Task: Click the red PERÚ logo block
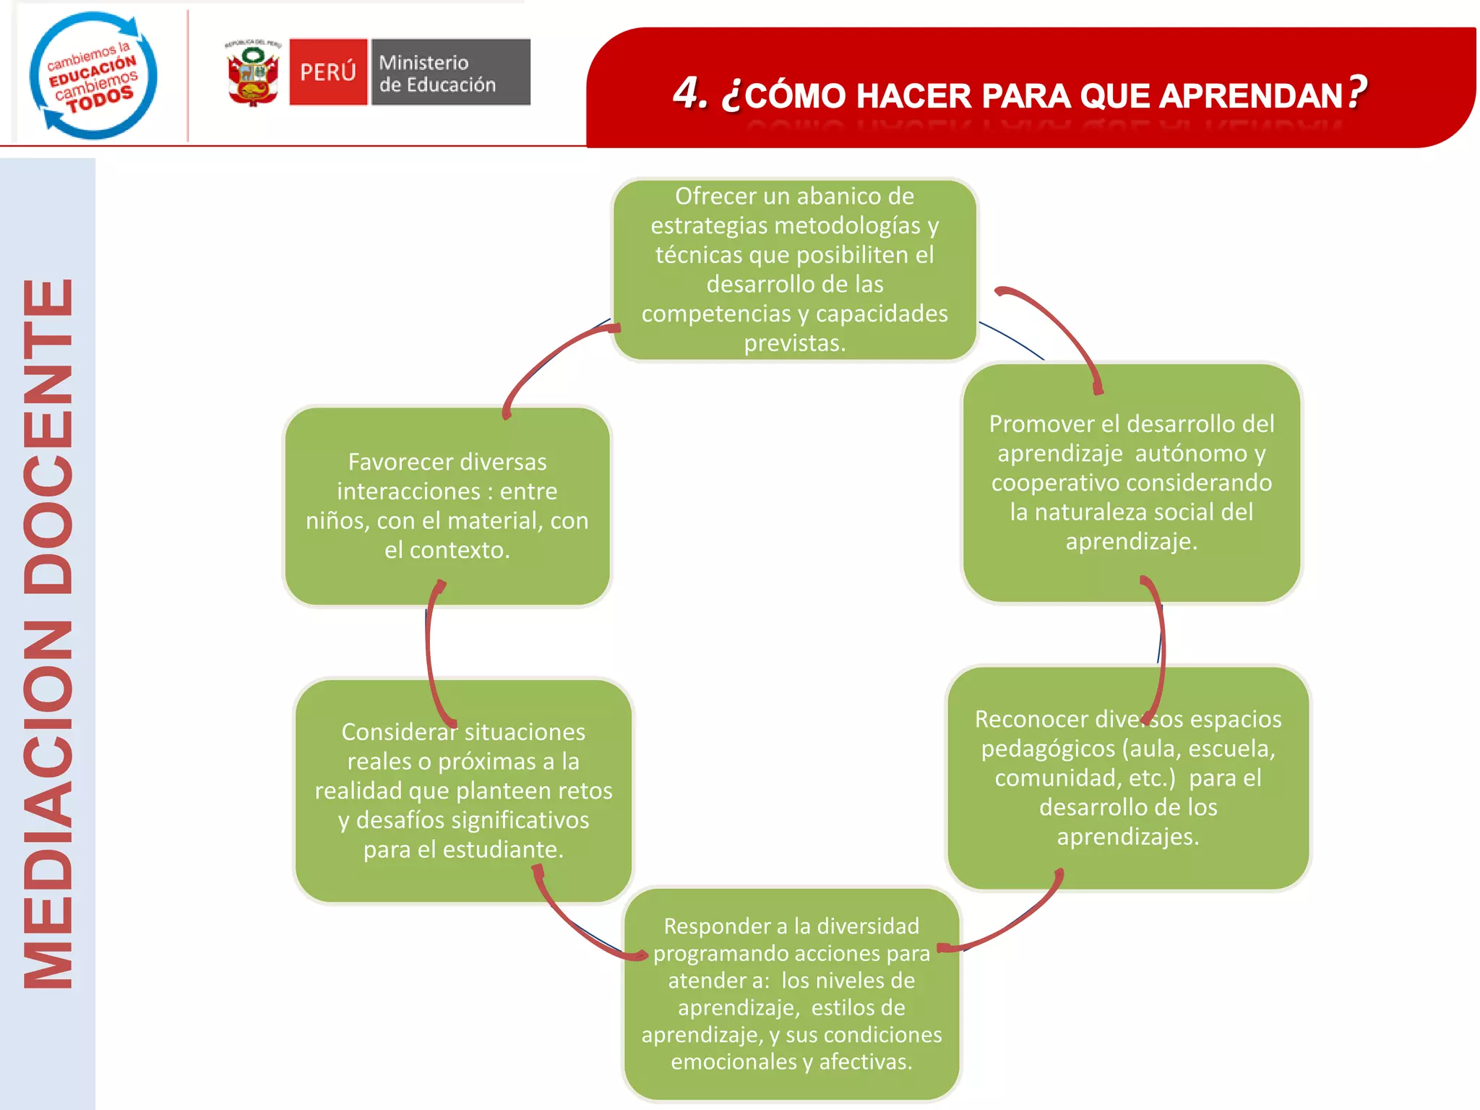point(328,72)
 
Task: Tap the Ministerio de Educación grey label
point(450,72)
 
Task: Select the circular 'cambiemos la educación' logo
point(93,75)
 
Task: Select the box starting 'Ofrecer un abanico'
point(794,269)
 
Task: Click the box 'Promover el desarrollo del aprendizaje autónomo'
point(1131,482)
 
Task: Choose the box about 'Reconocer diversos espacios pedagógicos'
point(1127,778)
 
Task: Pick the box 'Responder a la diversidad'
point(791,994)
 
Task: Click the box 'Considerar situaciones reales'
point(463,791)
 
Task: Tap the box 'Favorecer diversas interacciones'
point(447,506)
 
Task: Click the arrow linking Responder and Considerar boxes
point(578,925)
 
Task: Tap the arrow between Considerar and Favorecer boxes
point(430,650)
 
